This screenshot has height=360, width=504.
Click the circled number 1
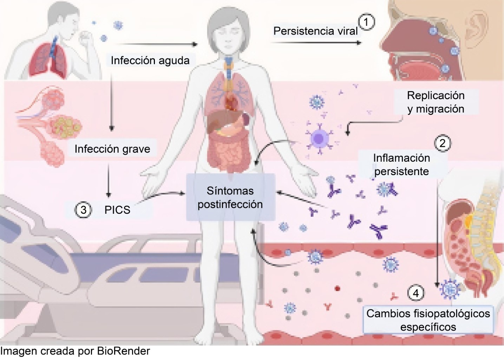(366, 22)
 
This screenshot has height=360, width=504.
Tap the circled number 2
(442, 143)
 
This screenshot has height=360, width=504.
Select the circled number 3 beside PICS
(83, 210)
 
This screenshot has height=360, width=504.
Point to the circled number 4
(415, 293)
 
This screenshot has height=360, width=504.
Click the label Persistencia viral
(315, 31)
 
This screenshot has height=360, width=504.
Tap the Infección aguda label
(150, 60)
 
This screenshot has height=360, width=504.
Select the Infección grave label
(112, 149)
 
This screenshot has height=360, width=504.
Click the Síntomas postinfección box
(230, 197)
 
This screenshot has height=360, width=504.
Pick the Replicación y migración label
(436, 102)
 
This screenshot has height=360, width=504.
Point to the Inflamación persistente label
(401, 165)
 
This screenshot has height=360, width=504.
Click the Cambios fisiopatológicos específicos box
(428, 320)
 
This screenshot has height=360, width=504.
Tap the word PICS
(117, 210)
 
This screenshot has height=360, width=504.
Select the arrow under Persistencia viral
(316, 43)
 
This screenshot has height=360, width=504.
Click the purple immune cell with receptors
(319, 138)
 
